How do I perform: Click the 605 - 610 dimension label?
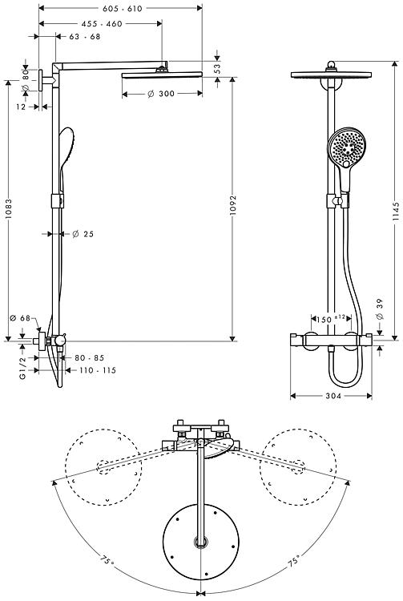tap(123, 9)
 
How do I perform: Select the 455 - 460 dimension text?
tap(102, 24)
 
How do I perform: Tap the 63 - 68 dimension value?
tap(85, 36)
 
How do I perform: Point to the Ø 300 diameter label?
tap(161, 94)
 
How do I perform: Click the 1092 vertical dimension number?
tap(233, 205)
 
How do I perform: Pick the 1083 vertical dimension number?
tap(9, 209)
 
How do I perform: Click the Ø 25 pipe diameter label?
tap(83, 234)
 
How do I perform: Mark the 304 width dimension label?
tap(333, 396)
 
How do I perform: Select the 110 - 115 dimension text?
tap(98, 370)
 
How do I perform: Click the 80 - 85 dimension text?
tap(89, 357)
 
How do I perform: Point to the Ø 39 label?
tap(379, 309)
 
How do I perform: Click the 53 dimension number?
tap(217, 69)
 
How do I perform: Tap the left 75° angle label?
tap(107, 561)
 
